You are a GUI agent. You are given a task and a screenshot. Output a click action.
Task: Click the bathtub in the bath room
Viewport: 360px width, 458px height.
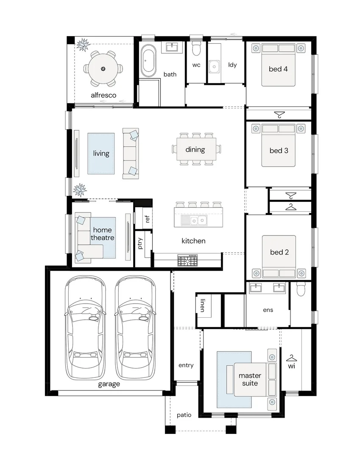(148, 61)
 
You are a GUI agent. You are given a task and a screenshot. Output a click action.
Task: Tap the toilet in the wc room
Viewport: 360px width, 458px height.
(196, 49)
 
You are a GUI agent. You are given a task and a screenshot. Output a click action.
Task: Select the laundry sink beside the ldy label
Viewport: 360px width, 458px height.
(214, 67)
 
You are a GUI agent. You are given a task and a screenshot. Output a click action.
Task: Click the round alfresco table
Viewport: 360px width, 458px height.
(103, 69)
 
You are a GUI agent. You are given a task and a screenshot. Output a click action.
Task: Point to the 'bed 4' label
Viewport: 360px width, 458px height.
(278, 69)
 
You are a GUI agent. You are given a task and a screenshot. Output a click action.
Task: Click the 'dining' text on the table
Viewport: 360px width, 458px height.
(195, 150)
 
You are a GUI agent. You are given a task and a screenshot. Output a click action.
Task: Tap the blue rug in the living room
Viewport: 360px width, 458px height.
(101, 154)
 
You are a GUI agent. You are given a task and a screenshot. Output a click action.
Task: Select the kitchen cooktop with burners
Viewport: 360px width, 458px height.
(187, 260)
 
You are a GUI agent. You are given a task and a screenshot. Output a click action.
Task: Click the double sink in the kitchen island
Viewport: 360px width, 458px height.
(194, 221)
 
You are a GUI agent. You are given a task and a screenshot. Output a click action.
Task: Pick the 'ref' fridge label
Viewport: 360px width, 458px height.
(147, 218)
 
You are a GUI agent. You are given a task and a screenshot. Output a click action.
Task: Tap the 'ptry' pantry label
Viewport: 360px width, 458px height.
(140, 243)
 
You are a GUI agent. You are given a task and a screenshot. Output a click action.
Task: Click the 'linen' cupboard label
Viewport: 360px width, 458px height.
(203, 305)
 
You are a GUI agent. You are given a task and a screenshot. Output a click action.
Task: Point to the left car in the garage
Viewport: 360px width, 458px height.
(85, 327)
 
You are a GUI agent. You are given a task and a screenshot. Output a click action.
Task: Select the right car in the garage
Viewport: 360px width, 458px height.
(135, 327)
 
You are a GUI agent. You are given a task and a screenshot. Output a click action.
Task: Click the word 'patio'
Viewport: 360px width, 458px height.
(184, 415)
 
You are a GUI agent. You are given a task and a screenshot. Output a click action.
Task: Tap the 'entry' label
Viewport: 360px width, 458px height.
(186, 365)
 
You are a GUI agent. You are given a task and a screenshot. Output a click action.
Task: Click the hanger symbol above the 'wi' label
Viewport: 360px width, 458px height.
(291, 358)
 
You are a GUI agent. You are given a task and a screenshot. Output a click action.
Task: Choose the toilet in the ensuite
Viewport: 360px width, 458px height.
(301, 289)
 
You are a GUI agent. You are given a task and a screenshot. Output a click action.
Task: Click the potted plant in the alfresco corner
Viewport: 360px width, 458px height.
(83, 45)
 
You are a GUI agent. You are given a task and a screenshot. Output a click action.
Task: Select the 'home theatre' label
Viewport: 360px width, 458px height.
(102, 234)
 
